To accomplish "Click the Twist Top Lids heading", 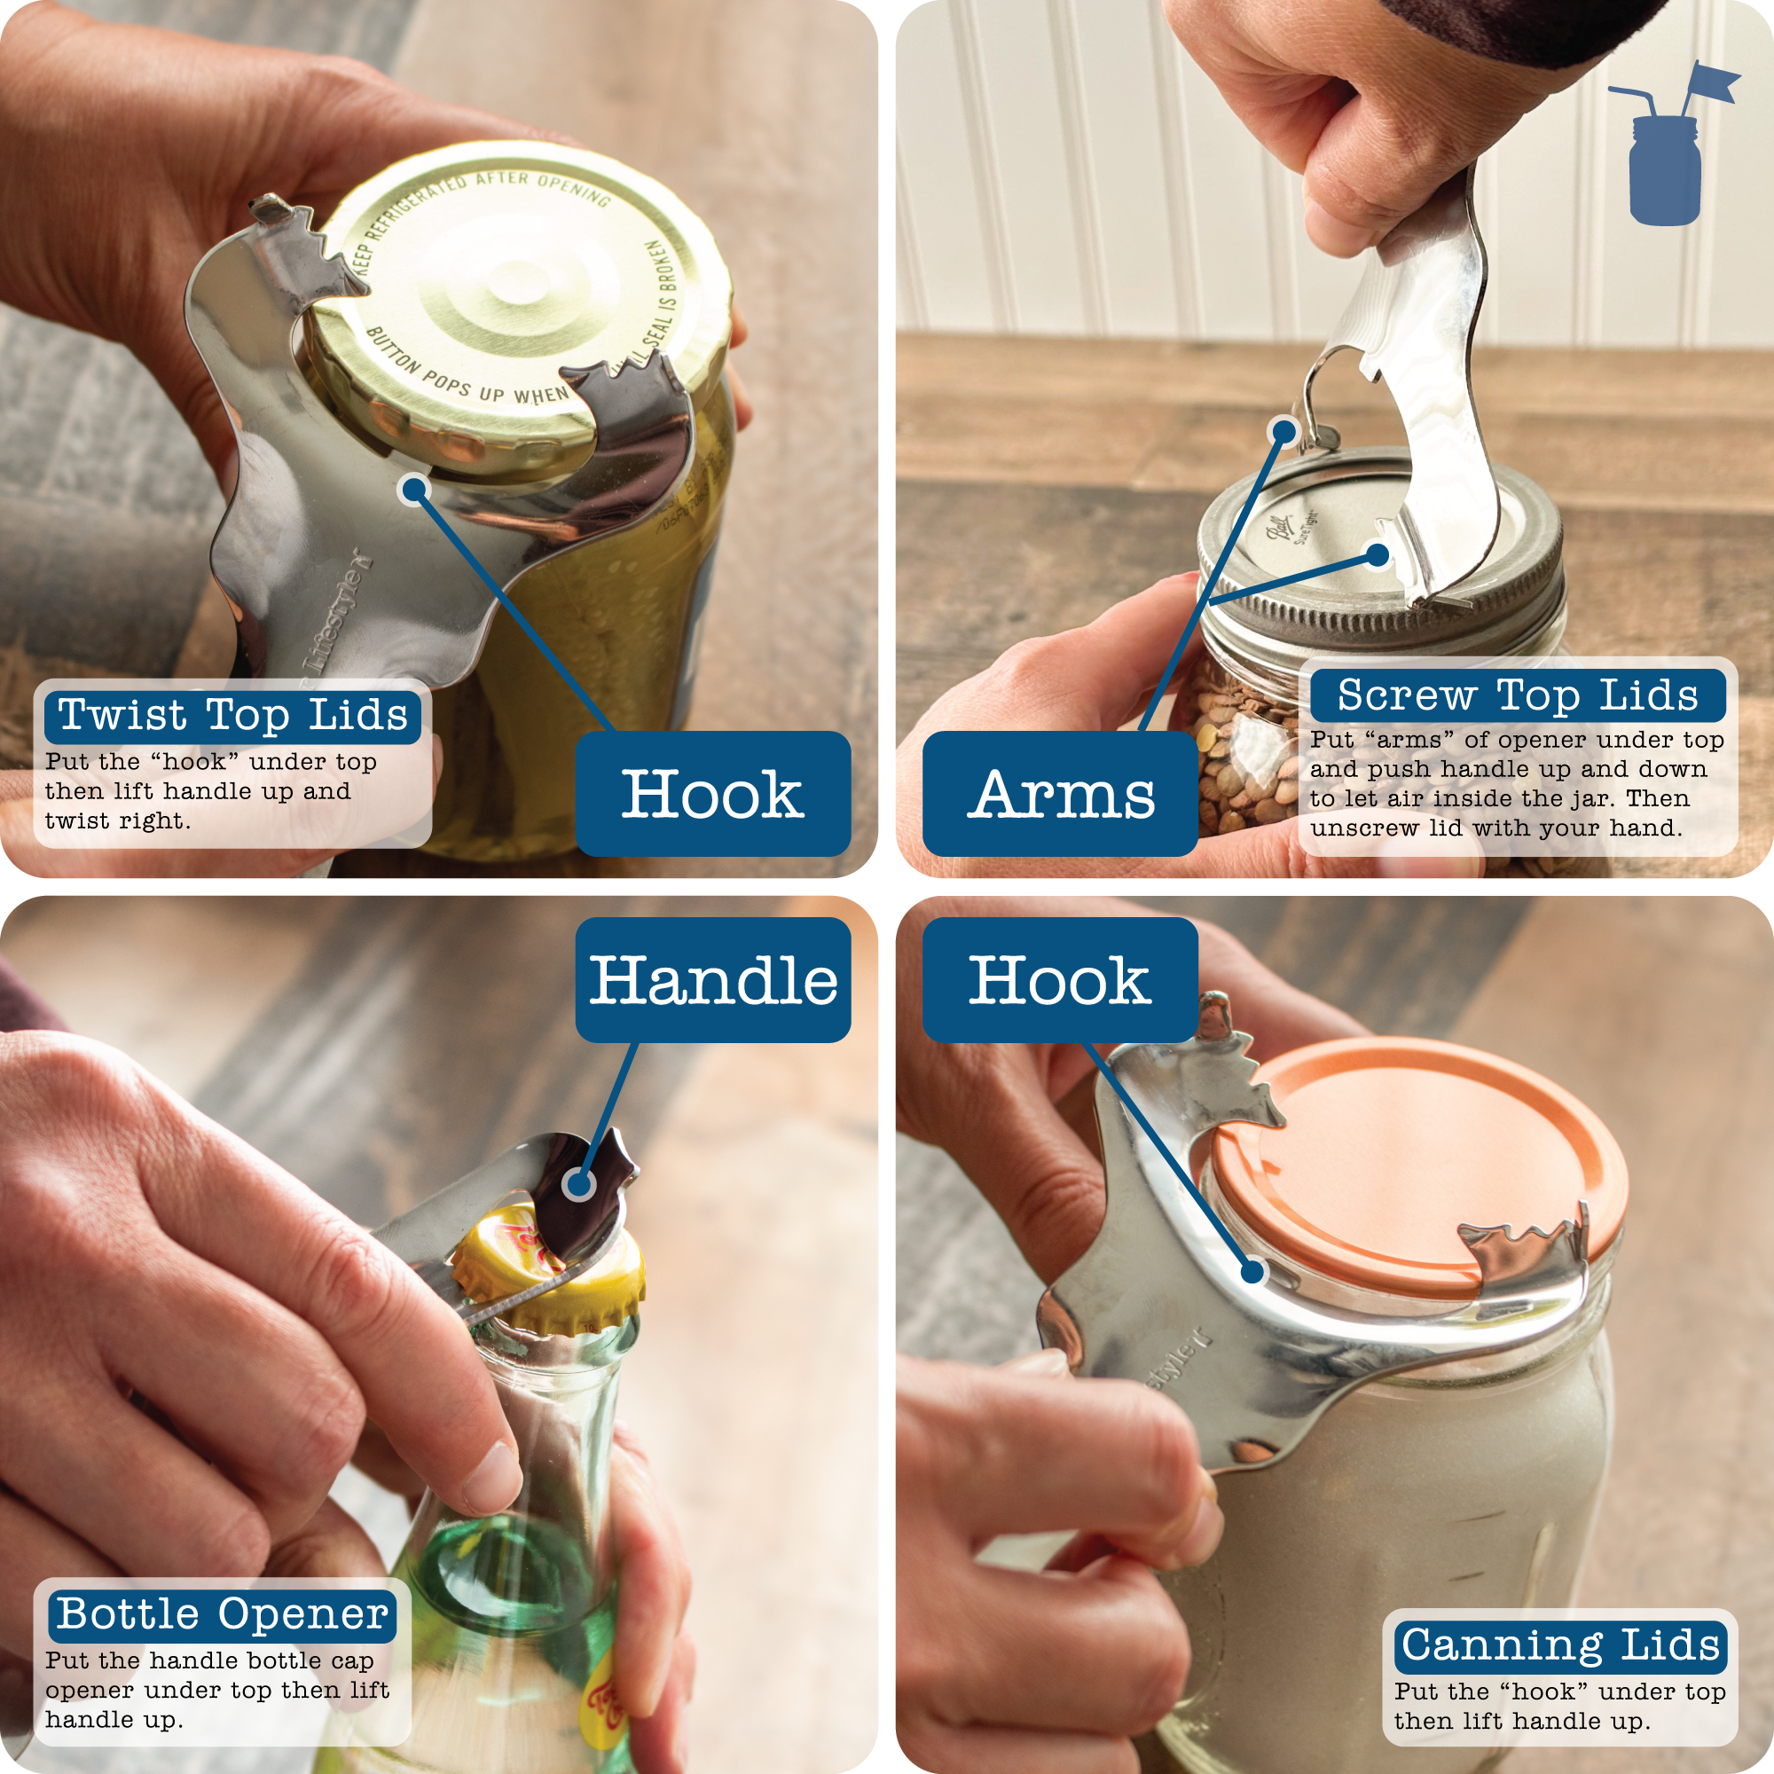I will [232, 716].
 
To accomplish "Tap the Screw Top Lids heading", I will [1517, 695].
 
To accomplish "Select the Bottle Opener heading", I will [221, 1614].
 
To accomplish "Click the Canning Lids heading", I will [1560, 1644].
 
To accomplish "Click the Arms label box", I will [1060, 794].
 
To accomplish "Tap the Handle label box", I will [712, 980].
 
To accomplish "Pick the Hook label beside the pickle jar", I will [712, 794].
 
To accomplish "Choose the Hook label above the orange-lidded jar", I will [1060, 980].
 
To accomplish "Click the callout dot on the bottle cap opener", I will [579, 1184].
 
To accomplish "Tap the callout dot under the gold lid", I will [416, 491].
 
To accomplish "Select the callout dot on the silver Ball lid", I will [1378, 554].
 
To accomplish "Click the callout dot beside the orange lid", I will [1252, 1272].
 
